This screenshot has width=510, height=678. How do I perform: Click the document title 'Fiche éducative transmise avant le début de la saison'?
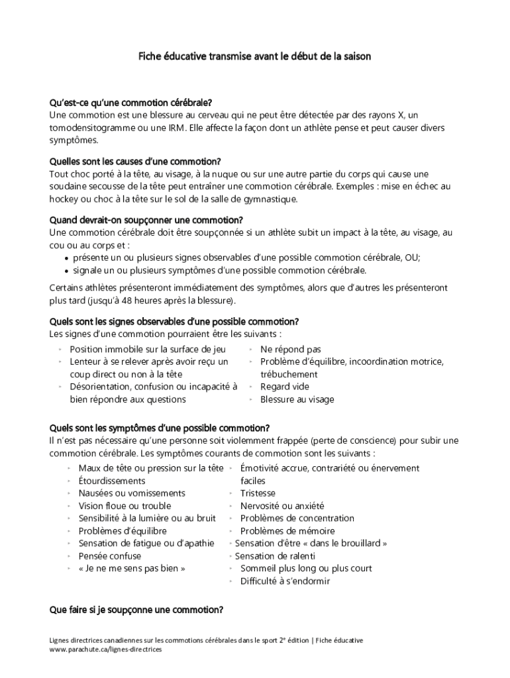pos(254,57)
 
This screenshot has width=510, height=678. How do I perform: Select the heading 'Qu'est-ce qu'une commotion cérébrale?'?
pos(131,103)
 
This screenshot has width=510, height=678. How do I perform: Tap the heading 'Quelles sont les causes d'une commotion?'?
pos(135,162)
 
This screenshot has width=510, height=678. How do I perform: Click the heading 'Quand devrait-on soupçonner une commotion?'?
pos(146,220)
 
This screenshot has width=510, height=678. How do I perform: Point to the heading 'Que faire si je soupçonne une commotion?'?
pos(136,610)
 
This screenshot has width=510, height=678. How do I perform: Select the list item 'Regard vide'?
pos(285,387)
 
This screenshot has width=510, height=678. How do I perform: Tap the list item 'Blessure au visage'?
pos(297,399)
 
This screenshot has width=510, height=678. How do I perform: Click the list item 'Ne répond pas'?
pos(291,349)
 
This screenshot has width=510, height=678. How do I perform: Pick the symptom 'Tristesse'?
pos(258,493)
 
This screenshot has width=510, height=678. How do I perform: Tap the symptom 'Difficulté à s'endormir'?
pos(285,581)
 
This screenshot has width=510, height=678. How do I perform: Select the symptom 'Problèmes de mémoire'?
pos(287,531)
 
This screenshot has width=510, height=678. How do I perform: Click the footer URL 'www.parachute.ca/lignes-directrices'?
pos(106,650)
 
